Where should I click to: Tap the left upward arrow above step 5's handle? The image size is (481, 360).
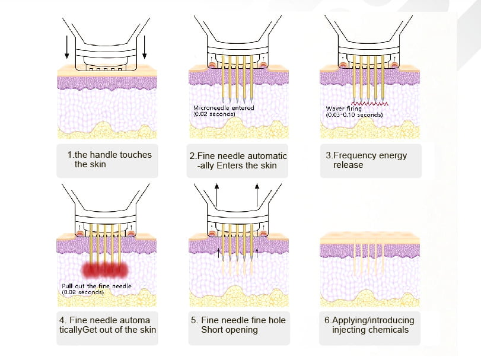tap(217, 193)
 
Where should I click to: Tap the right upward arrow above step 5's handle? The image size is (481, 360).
tap(257, 193)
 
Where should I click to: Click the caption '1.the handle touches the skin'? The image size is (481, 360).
tap(109, 160)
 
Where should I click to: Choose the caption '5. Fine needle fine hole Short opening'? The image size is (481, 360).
tap(238, 324)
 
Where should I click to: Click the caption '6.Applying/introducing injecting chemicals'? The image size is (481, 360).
tap(369, 325)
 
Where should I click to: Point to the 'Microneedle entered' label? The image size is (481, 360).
tap(224, 108)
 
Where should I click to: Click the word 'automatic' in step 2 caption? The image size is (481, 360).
tap(265, 155)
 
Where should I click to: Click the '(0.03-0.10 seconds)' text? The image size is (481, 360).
tap(354, 115)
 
